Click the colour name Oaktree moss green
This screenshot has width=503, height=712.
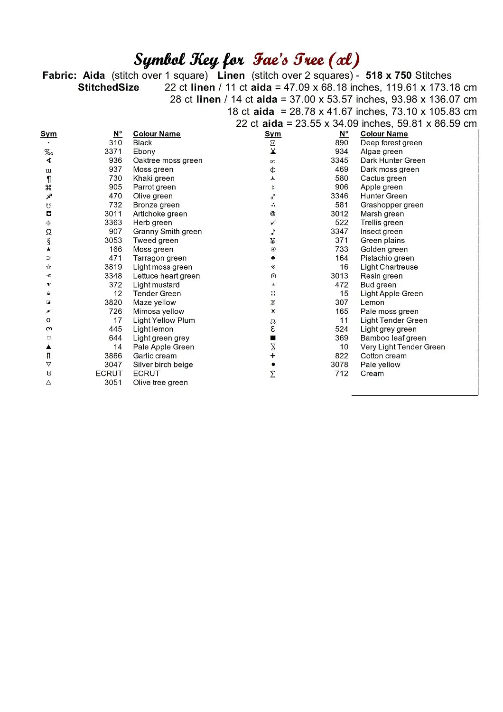[x=168, y=160]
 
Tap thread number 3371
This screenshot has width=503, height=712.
[x=113, y=151]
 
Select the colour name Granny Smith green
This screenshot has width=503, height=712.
[x=167, y=232]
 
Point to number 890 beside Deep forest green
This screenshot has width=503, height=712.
[x=341, y=143]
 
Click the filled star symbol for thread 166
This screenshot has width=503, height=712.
[x=48, y=249]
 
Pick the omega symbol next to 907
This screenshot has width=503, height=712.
[x=48, y=232]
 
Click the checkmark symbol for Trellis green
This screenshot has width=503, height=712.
[x=273, y=223]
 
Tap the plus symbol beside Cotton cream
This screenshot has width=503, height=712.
[x=273, y=356]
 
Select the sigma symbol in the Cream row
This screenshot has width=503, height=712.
[x=273, y=374]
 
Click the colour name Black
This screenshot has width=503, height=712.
[x=142, y=143]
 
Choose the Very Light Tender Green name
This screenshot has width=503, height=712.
[x=402, y=347]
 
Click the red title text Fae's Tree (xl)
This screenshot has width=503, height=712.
[x=306, y=60]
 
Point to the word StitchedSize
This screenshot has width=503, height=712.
[x=108, y=87]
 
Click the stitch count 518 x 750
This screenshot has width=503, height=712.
[x=389, y=75]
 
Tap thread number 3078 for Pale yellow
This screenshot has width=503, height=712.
[x=339, y=365]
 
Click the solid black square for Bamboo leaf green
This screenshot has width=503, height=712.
[x=273, y=338]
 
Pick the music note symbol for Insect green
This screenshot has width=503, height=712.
[x=273, y=232]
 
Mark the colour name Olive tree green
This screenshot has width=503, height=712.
[x=160, y=383]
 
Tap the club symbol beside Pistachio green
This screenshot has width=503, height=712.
[x=273, y=258]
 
